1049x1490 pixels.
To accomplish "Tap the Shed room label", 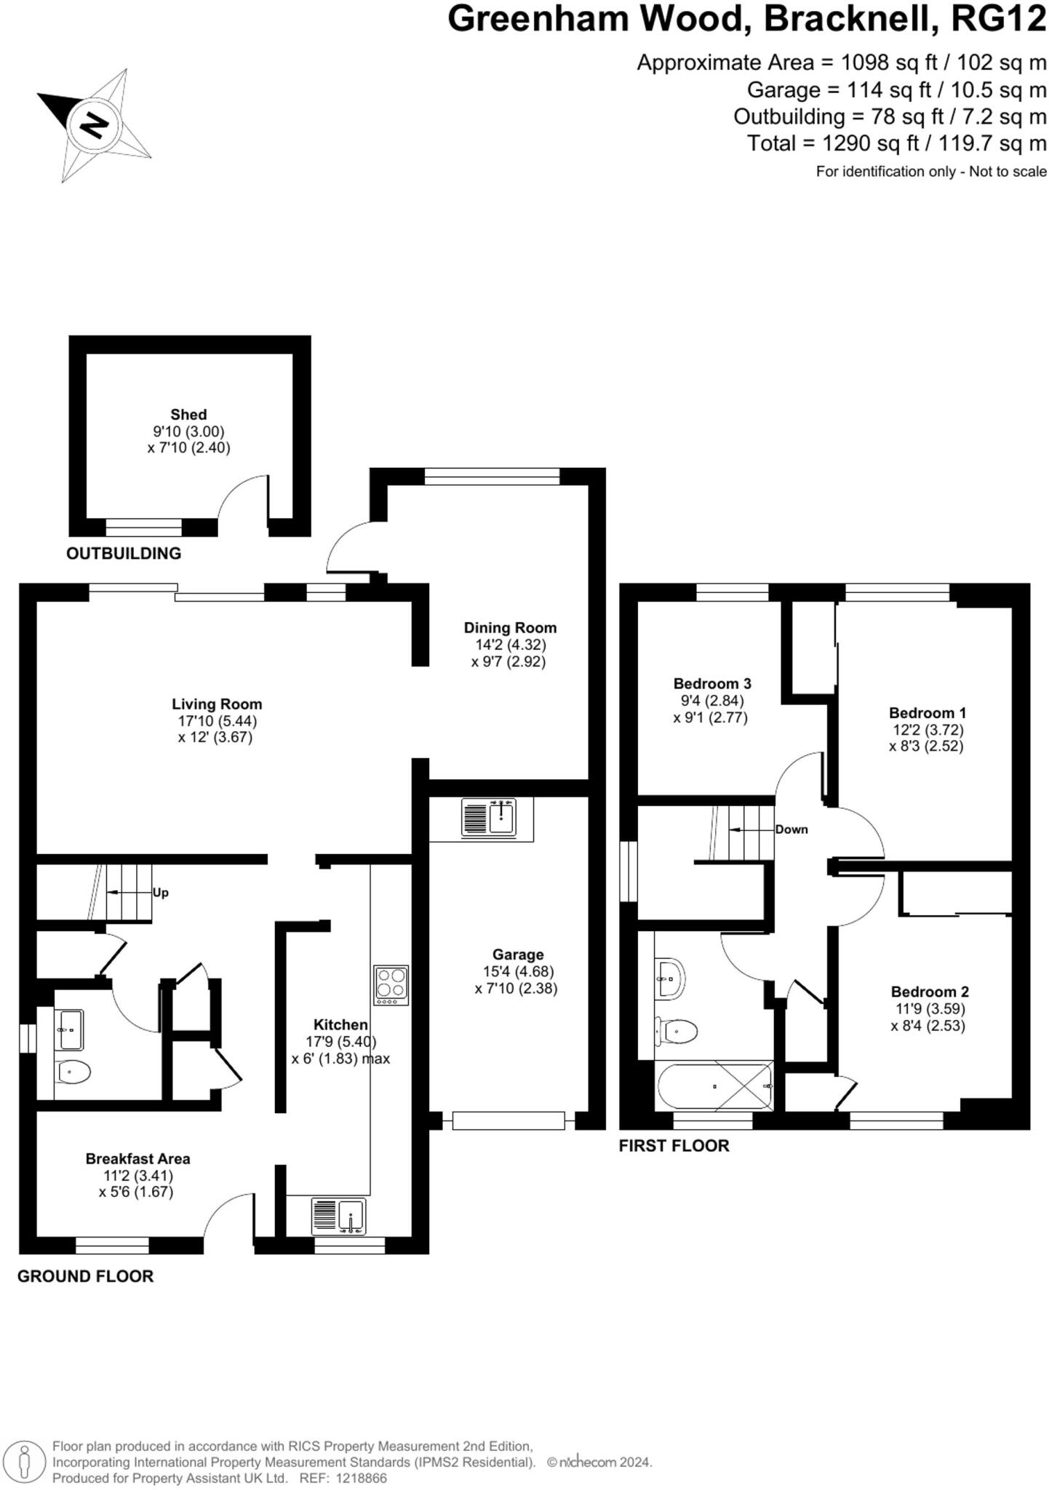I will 188,415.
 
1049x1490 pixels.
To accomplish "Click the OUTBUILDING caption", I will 124,554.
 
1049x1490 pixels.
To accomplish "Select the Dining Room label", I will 510,628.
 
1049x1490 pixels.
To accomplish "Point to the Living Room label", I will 217,704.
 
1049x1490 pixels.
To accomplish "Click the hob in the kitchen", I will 391,985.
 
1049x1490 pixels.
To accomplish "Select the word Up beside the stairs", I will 160,893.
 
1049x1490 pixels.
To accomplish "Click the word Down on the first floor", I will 791,829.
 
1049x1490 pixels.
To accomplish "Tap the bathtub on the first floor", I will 714,1086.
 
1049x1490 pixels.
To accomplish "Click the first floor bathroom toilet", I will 677,1030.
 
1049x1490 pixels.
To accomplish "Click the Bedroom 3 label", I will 711,684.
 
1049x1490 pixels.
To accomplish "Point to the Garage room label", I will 518,955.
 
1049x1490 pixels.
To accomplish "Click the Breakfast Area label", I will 137,1159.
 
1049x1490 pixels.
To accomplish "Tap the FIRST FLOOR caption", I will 674,1146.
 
